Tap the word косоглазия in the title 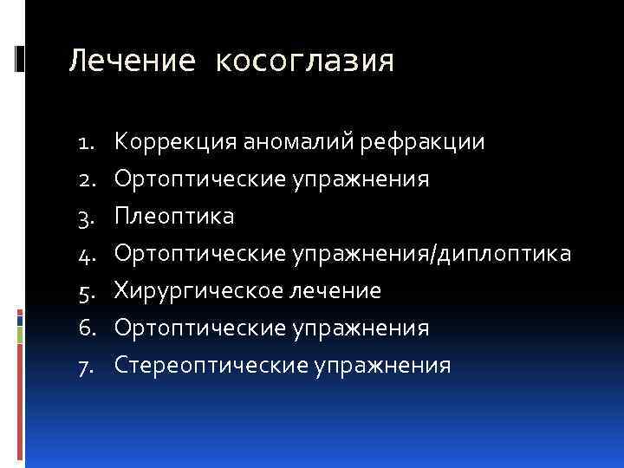tap(303, 61)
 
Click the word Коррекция tap(175, 140)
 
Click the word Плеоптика tap(173, 216)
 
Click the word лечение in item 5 tap(331, 290)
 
